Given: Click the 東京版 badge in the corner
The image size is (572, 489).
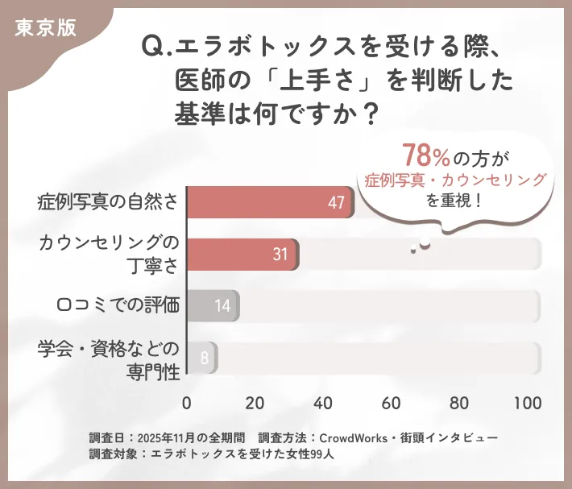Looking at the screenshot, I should coord(45,27).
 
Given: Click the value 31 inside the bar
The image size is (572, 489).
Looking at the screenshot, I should coord(280,255).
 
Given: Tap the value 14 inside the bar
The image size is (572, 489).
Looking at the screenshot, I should coord(222,307).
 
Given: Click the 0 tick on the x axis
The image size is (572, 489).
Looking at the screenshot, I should coord(187,403).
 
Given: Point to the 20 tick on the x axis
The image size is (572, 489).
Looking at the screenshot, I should coord(255,403).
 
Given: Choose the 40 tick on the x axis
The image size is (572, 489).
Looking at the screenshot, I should coord(324,403).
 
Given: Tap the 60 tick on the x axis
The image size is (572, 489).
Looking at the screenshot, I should coord(392,403).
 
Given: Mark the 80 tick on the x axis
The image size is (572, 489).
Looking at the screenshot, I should coord(460,403).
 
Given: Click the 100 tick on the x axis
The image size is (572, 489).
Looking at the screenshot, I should coord(528,403).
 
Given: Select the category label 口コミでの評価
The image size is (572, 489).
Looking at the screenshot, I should coord(118,305).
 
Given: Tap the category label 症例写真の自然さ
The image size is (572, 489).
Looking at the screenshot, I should coord(107,202).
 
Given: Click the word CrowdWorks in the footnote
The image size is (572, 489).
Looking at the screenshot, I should coord(353,437).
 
